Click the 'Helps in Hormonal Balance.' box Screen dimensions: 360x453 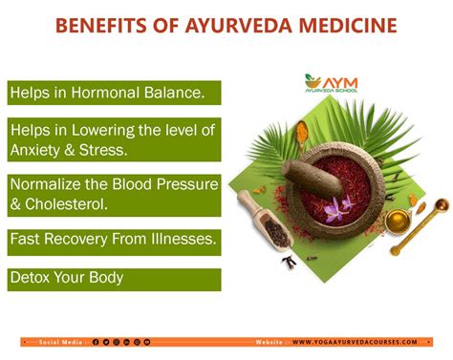[x=114, y=93]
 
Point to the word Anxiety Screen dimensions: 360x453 [x=44, y=149]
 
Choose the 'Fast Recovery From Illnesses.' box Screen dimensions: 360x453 [x=114, y=241]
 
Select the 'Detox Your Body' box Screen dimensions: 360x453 [x=114, y=279]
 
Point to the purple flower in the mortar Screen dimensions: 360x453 [x=335, y=208]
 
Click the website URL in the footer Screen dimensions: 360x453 [x=355, y=342]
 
